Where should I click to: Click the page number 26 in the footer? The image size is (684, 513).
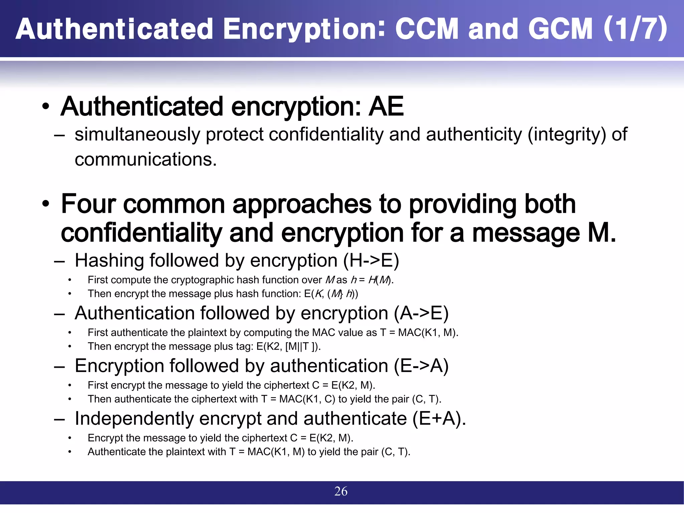tap(341, 491)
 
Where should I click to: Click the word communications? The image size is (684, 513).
tap(146, 159)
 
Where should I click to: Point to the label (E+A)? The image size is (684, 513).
tap(439, 418)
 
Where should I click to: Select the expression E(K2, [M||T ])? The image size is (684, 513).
tap(288, 346)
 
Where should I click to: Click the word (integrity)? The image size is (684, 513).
tap(566, 135)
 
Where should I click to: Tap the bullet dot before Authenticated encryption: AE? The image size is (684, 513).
tap(46, 107)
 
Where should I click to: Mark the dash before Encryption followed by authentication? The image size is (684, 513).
tap(59, 366)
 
